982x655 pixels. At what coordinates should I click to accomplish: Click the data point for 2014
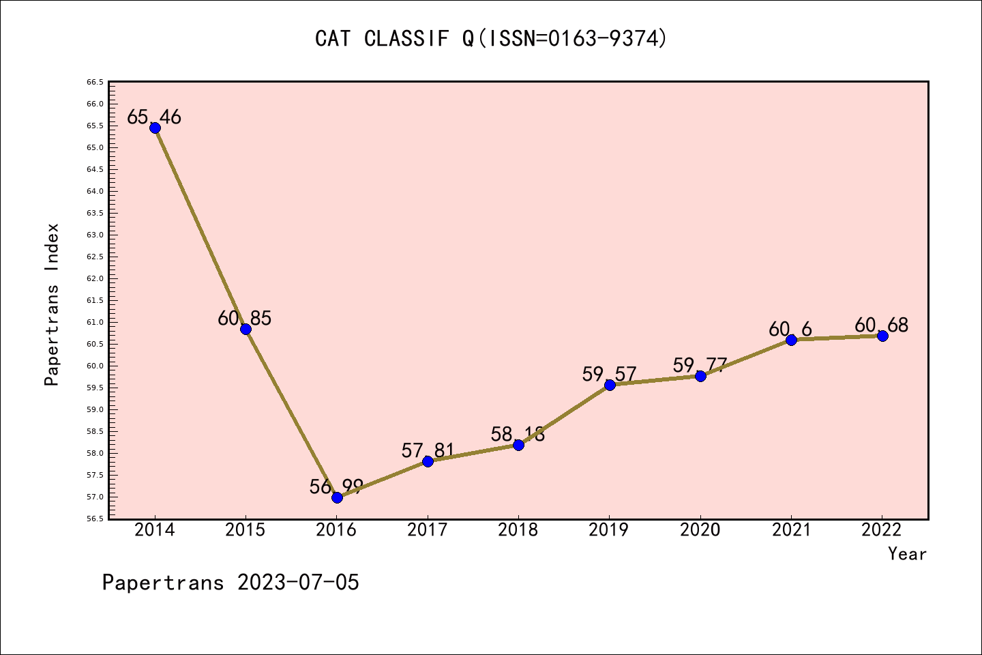(x=155, y=128)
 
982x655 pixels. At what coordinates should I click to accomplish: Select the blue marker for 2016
(x=337, y=497)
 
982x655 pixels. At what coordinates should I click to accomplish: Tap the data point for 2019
(x=610, y=385)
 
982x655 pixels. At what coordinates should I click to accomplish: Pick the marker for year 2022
(x=882, y=336)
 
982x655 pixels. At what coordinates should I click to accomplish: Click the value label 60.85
(x=245, y=318)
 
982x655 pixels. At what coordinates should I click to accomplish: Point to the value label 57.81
(x=428, y=450)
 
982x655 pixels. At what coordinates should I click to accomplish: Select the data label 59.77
(x=700, y=365)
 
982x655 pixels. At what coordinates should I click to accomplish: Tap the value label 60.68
(x=881, y=325)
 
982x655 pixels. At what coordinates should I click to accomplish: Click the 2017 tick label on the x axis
(x=428, y=530)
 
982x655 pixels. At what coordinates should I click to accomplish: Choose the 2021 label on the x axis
(x=791, y=530)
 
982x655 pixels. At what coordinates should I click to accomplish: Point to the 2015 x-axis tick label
(x=245, y=530)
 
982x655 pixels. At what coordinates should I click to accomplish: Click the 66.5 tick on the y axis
(x=95, y=82)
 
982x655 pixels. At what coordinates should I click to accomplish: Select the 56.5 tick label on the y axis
(x=95, y=519)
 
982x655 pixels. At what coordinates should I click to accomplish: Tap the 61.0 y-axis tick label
(x=95, y=322)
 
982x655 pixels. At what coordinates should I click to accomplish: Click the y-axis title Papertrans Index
(x=52, y=304)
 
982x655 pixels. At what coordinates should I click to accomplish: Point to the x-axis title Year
(x=907, y=554)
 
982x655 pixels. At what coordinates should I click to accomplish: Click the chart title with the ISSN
(x=491, y=39)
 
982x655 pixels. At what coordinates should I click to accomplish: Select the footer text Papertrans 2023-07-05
(x=230, y=583)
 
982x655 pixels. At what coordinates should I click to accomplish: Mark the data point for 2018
(x=518, y=445)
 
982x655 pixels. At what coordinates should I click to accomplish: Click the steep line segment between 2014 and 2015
(x=200, y=229)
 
